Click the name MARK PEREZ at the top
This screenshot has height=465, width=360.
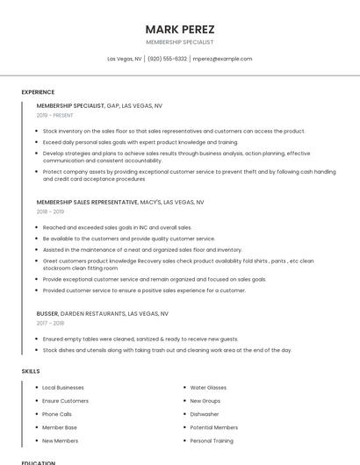coord(179,29)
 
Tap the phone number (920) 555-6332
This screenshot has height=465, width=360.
coord(167,59)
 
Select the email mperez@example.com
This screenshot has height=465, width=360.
coord(222,59)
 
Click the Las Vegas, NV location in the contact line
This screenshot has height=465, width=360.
coord(125,59)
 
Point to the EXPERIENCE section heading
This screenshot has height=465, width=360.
coord(38,92)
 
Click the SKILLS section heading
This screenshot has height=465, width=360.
coord(31,371)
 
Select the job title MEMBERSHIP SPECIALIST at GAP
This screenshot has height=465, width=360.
coord(70,105)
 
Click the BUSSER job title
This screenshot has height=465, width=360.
coord(47,313)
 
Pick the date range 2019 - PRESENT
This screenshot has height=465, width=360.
coord(55,115)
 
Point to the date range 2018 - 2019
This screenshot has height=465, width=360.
coord(50,211)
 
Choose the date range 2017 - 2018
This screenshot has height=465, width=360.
coord(50,323)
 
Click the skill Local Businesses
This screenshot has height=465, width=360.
coord(63,387)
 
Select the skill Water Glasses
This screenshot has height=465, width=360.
coord(208,387)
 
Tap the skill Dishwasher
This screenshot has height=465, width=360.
coord(205,414)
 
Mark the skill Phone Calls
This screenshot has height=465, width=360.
coord(57,414)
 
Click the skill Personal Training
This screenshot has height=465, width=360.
coord(212,440)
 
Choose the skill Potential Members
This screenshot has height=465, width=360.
coord(213,427)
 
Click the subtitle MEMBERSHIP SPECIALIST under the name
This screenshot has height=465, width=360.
coord(179,42)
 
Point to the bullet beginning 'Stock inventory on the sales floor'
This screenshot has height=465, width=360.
coord(174,131)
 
